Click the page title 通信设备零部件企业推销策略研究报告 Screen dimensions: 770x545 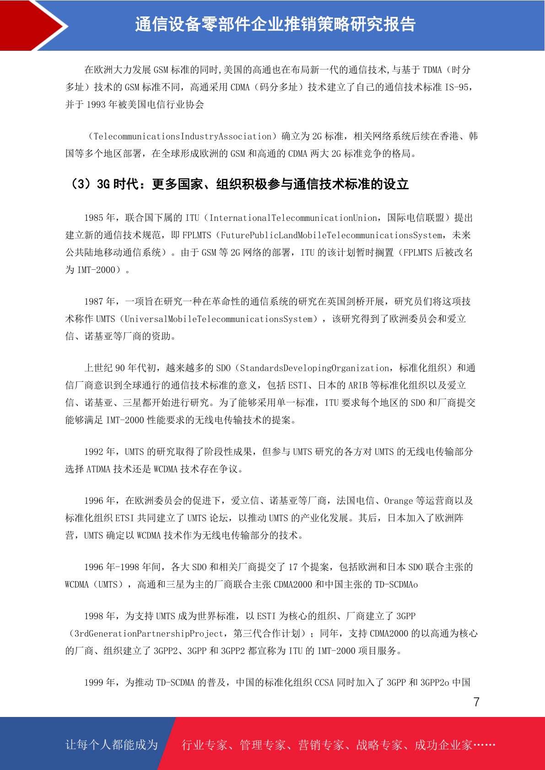275,24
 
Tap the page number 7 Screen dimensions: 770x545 476,702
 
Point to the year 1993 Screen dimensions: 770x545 96,105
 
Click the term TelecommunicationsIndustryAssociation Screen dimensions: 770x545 183,136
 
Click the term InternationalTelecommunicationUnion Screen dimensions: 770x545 293,218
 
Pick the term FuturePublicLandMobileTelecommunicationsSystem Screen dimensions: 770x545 331,235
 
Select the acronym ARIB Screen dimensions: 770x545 358,385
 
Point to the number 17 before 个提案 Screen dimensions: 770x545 293,567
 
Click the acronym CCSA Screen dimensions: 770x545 324,683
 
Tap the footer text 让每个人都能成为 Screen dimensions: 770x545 112,745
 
